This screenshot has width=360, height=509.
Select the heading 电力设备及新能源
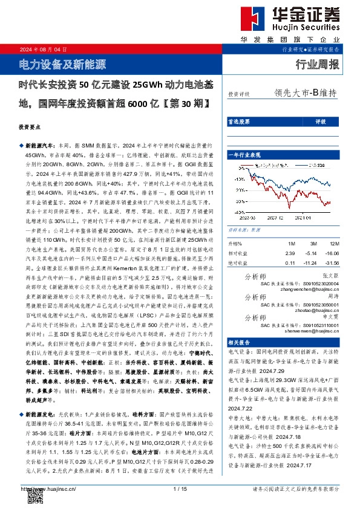click(x=59, y=62)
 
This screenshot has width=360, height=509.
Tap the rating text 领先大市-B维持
click(x=304, y=93)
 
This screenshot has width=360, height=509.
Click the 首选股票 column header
click(x=240, y=121)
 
